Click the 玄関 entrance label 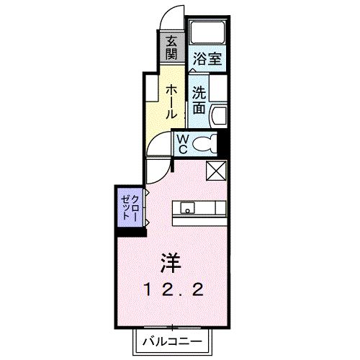pyautogui.click(x=172, y=49)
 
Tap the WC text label pyautogui.click(x=182, y=143)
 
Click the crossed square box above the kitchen pyautogui.click(x=217, y=171)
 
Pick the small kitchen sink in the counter pyautogui.click(x=187, y=210)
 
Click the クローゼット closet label pyautogui.click(x=130, y=206)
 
